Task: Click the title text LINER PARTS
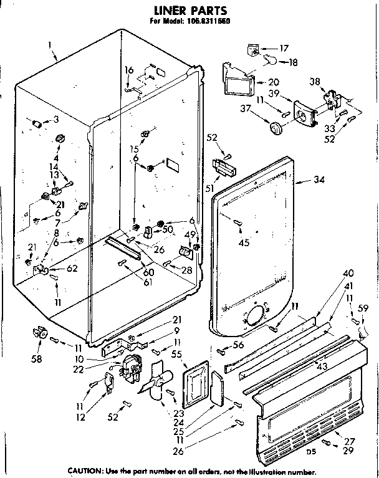186,11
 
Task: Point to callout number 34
319,181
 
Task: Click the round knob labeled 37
275,128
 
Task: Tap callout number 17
284,48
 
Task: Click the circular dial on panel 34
255,318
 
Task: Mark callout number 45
243,243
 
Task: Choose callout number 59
363,307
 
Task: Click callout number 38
314,81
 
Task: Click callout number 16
128,71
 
